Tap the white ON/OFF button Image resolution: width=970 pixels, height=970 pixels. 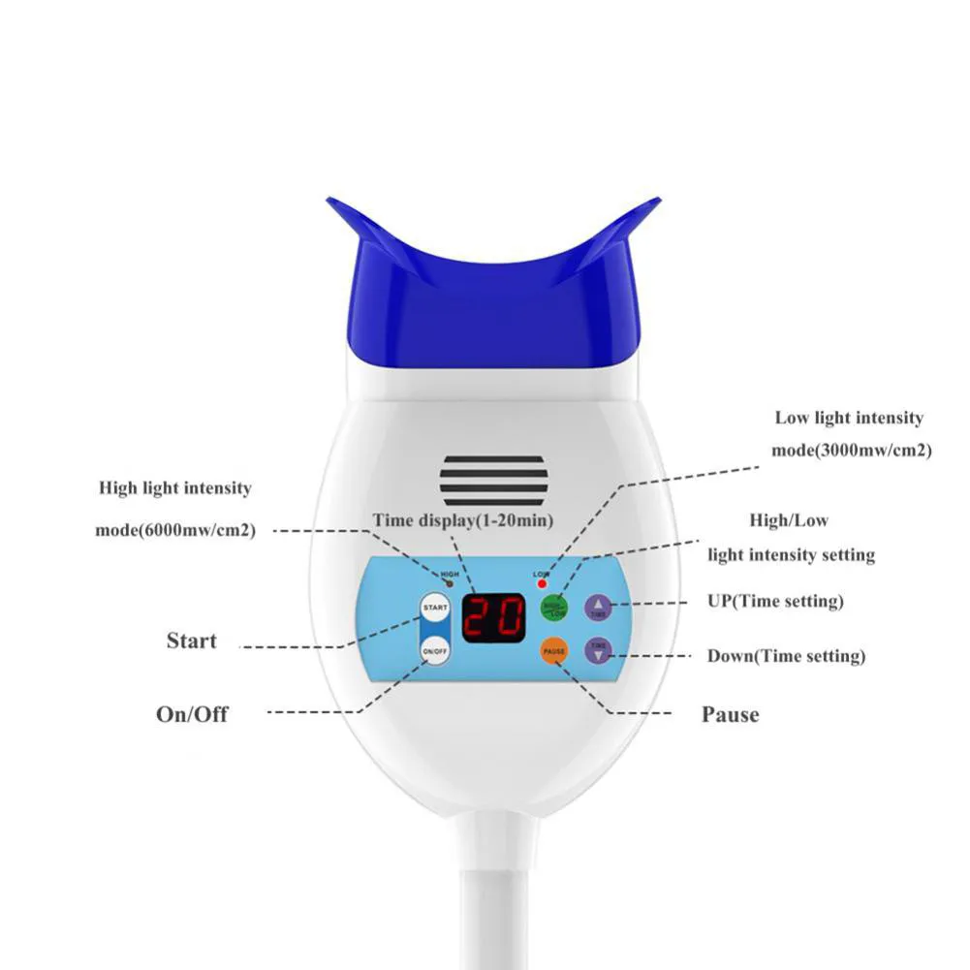point(435,651)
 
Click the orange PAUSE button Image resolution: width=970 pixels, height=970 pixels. point(553,651)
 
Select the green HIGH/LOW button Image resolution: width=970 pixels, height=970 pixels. point(553,608)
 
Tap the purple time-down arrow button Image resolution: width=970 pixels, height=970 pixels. point(599,651)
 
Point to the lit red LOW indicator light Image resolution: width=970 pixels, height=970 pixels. point(542,585)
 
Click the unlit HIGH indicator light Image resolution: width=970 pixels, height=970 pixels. point(449,584)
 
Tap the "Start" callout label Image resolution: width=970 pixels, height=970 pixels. point(192,641)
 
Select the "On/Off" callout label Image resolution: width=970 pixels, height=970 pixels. point(193,714)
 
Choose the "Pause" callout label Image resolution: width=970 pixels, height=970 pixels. point(730,715)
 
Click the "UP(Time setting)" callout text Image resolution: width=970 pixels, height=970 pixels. point(775,602)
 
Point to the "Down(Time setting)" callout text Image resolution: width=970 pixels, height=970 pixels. point(786,656)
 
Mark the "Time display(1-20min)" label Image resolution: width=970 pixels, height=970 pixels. point(463,520)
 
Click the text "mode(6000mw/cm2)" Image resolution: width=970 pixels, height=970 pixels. point(175,530)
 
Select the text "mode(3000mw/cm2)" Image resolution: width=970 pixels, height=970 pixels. point(851,451)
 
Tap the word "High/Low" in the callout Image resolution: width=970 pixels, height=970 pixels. point(789,520)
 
